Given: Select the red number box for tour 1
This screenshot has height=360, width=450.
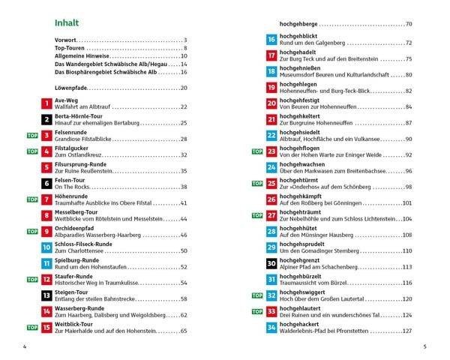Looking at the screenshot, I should click(47, 105).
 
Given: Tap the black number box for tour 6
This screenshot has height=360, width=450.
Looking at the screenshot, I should click(47, 183).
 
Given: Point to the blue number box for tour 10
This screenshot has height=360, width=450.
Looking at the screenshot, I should click(47, 247).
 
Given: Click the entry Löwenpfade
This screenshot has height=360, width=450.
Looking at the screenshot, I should click(71, 88).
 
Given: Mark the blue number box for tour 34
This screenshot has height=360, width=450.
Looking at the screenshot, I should click(271, 327).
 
